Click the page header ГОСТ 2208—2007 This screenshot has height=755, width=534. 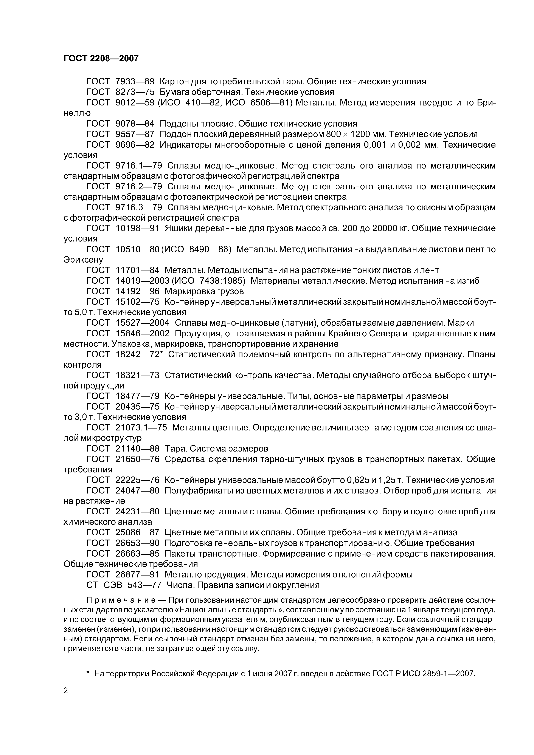101,59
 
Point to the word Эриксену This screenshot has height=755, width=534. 83,260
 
